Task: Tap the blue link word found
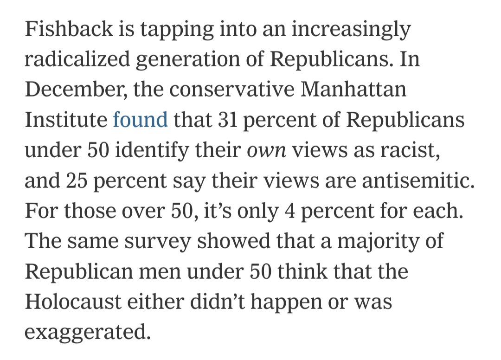point(140,120)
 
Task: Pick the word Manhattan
point(353,90)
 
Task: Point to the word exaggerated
point(88,332)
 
